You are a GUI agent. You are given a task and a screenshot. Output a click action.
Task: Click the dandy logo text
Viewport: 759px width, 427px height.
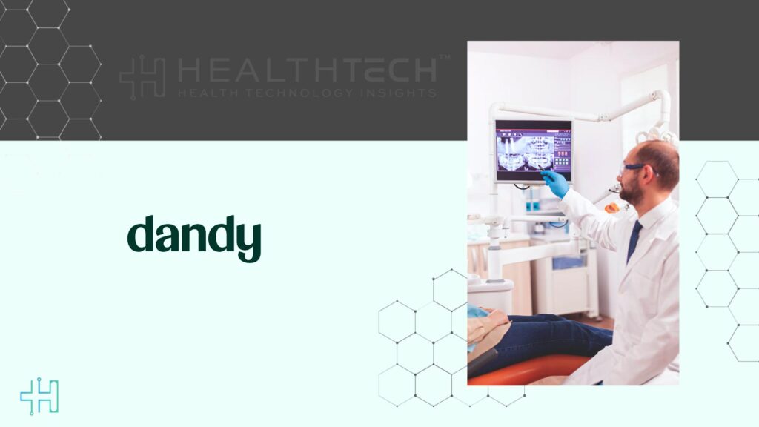pos(194,236)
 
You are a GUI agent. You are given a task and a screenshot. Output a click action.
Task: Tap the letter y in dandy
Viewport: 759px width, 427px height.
pos(249,241)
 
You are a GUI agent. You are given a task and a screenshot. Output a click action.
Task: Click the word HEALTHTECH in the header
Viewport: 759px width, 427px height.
pos(308,70)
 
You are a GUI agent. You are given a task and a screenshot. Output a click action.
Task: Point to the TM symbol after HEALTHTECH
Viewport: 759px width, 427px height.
pos(444,57)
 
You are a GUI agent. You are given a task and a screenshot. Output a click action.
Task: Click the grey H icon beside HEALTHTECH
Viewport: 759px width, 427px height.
pos(142,77)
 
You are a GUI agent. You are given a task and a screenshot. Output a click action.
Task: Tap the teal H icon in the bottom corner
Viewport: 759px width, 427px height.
pos(39,397)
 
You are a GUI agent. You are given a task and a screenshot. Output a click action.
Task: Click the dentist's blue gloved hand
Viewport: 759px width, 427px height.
pos(555,183)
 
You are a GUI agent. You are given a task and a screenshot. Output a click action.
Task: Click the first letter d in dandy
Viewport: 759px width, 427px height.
pos(140,234)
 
